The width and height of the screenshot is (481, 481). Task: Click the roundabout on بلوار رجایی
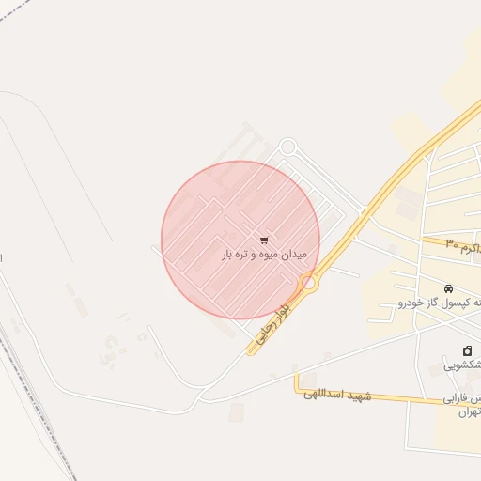[x=307, y=282]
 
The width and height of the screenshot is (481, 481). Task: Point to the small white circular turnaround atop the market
[x=287, y=147]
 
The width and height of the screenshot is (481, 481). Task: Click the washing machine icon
[x=467, y=350]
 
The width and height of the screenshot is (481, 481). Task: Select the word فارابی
[x=461, y=398]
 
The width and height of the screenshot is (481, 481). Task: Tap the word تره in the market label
[x=241, y=255]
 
